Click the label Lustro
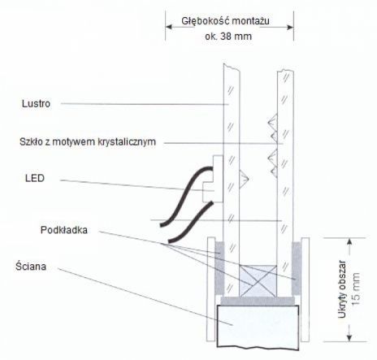pyautogui.click(x=36, y=104)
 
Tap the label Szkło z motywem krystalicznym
pyautogui.click(x=88, y=142)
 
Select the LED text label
pyautogui.click(x=35, y=178)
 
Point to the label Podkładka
pyautogui.click(x=64, y=230)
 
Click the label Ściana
pyautogui.click(x=31, y=267)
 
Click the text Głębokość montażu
pyautogui.click(x=225, y=21)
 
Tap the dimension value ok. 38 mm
pyautogui.click(x=228, y=37)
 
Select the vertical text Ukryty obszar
pyautogui.click(x=342, y=289)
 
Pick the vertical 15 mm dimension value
pyautogui.click(x=356, y=289)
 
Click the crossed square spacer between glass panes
pyautogui.click(x=258, y=281)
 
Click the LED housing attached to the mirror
pyautogui.click(x=214, y=179)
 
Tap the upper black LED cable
pyautogui.click(x=186, y=196)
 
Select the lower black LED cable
pyautogui.click(x=190, y=222)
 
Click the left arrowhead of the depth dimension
pyautogui.click(x=168, y=27)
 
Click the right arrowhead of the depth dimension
pyautogui.click(x=290, y=27)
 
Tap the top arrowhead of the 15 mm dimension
pyautogui.click(x=349, y=241)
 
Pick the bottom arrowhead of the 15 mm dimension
pyautogui.click(x=349, y=338)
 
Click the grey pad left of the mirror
pyautogui.click(x=219, y=268)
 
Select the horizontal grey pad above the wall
pyautogui.click(x=258, y=301)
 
